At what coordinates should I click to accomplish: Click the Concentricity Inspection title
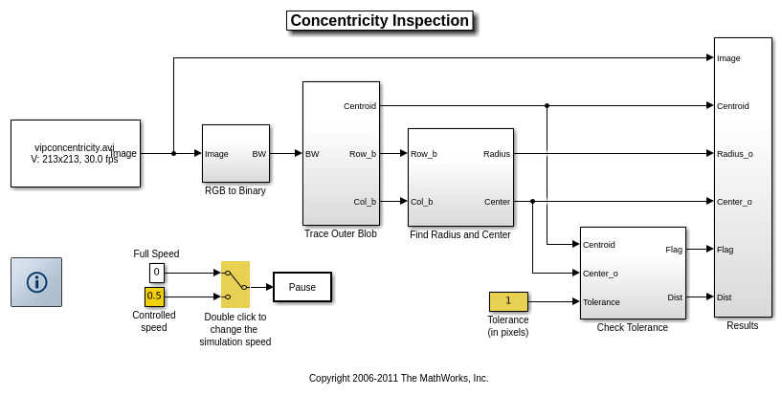379,21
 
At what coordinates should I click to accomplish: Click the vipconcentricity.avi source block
75,153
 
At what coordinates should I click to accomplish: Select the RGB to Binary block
235,153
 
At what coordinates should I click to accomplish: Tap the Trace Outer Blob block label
340,233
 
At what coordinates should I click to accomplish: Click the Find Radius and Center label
459,234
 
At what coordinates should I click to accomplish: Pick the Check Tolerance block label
632,327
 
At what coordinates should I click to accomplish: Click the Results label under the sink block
742,325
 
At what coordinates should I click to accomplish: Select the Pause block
302,287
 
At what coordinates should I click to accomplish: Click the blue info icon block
36,282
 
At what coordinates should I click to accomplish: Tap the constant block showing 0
156,273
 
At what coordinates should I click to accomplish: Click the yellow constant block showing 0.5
154,297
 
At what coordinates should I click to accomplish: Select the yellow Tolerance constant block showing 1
508,301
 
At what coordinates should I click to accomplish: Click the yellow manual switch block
235,284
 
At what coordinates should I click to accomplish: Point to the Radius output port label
497,153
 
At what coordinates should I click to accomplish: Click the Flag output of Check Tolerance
674,250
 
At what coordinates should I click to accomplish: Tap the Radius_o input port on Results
734,153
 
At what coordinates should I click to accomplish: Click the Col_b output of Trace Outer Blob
365,201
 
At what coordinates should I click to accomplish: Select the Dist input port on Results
725,297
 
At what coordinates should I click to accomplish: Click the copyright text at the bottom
398,378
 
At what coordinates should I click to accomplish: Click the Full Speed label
156,253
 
